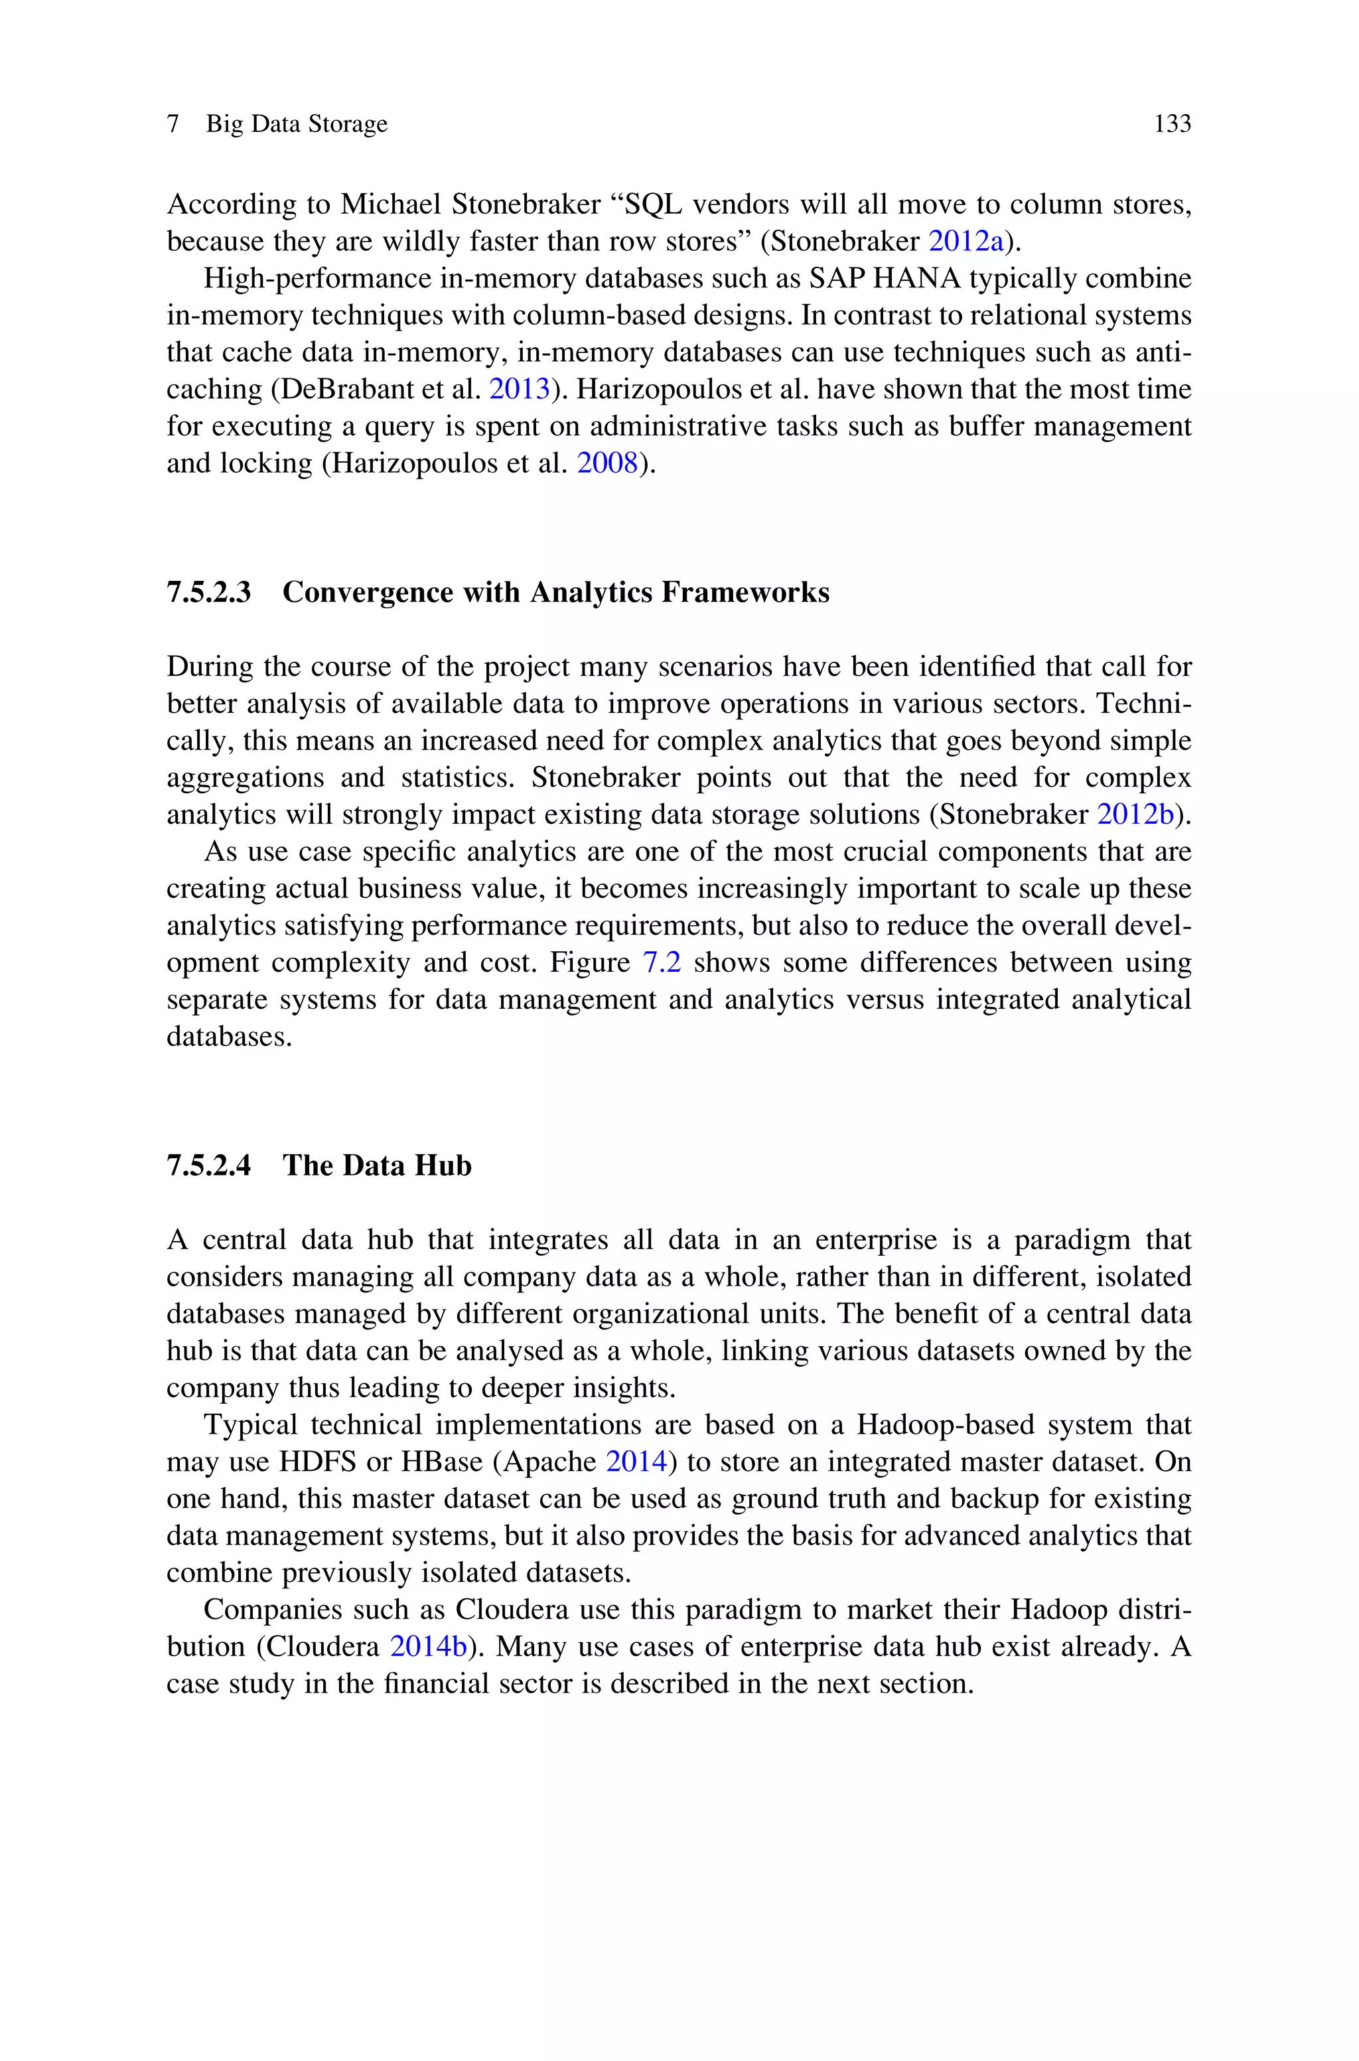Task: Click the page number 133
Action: click(1172, 124)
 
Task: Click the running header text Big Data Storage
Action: click(297, 124)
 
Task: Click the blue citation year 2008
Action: click(608, 464)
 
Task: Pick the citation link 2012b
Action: click(1135, 814)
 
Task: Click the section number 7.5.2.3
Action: click(209, 593)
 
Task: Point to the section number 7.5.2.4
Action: click(209, 1166)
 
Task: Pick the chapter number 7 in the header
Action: click(173, 124)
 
